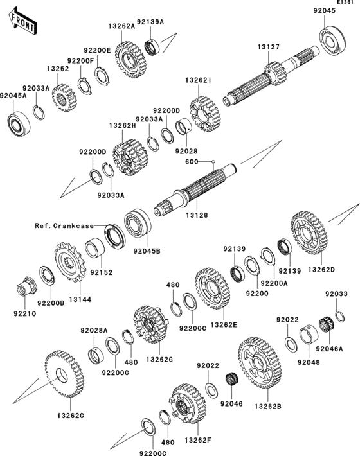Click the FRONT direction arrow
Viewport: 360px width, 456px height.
pyautogui.click(x=22, y=22)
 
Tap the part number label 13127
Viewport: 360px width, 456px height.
pyautogui.click(x=268, y=47)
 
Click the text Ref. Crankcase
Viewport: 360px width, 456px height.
pyautogui.click(x=64, y=225)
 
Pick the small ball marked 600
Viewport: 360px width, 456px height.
pyautogui.click(x=213, y=161)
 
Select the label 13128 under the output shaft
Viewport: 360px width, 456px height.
pyautogui.click(x=197, y=215)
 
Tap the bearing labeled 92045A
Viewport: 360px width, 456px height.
pyautogui.click(x=19, y=124)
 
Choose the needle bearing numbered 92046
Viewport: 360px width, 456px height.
pyautogui.click(x=232, y=379)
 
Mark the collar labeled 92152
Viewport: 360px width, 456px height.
pyautogui.click(x=95, y=248)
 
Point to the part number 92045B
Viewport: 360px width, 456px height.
pyautogui.click(x=147, y=250)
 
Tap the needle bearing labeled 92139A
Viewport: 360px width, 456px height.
pyautogui.click(x=152, y=46)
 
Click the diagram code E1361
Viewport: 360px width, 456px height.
pyautogui.click(x=345, y=3)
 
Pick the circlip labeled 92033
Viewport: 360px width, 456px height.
pyautogui.click(x=340, y=316)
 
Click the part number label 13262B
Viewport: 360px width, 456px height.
pyautogui.click(x=267, y=407)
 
